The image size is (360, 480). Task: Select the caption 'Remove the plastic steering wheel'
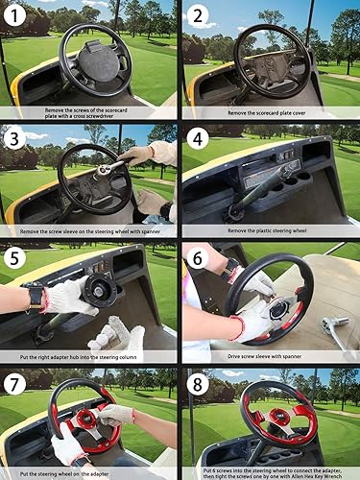270,232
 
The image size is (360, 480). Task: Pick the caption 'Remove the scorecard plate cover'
270,112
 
